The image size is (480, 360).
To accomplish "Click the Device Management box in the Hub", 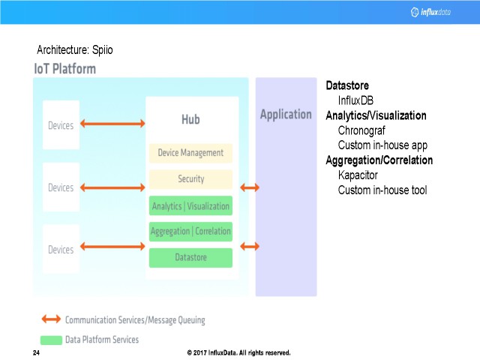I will pyautogui.click(x=190, y=153).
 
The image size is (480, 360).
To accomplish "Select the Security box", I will pyautogui.click(x=190, y=179).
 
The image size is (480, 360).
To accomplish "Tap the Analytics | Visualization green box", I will pyautogui.click(x=190, y=205).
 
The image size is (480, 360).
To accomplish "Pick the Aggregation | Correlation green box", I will pyautogui.click(x=190, y=231).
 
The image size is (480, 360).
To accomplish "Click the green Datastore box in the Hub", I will pyautogui.click(x=190, y=257).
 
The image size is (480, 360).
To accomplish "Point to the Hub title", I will pyautogui.click(x=190, y=120).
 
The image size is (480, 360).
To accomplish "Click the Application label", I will pyautogui.click(x=286, y=115).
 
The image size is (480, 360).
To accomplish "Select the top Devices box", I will pyautogui.click(x=61, y=125).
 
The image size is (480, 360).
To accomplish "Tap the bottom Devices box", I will pyautogui.click(x=61, y=249).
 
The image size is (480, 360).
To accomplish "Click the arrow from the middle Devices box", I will pyautogui.click(x=112, y=187).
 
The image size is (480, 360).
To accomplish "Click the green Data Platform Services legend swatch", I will pyautogui.click(x=50, y=340).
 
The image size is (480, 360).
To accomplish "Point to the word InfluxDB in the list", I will pyautogui.click(x=355, y=100).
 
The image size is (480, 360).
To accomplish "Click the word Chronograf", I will pyautogui.click(x=361, y=130).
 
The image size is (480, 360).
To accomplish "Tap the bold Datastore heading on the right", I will pyautogui.click(x=347, y=85).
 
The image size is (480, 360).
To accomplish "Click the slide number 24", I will pyautogui.click(x=37, y=352).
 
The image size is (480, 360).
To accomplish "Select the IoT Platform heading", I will pyautogui.click(x=65, y=69).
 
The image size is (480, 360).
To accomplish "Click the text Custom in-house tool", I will pyautogui.click(x=382, y=190).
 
